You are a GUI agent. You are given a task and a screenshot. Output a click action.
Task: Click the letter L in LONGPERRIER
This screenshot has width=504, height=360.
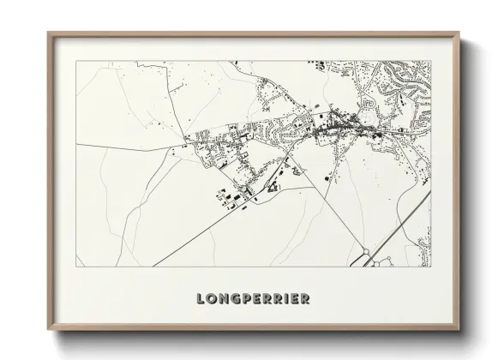coord(201,299)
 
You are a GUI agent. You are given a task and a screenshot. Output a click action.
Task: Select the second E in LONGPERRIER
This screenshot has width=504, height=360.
coord(295,299)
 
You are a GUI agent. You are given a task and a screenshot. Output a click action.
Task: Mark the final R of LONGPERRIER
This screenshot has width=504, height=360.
coord(305,299)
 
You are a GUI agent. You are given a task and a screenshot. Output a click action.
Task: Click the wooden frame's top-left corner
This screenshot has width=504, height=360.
coord(48,33)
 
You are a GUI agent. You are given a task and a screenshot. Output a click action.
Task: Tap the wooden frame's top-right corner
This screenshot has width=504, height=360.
coord(459,33)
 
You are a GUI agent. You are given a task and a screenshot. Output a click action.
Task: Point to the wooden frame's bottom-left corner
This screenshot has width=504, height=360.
coord(48,330)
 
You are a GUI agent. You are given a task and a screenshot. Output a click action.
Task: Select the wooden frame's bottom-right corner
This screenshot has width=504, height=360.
coord(459,330)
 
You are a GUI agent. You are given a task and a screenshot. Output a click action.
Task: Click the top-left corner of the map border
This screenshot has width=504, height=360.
coord(76,62)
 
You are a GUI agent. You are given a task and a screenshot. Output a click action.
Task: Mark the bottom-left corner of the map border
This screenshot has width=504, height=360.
coord(76,267)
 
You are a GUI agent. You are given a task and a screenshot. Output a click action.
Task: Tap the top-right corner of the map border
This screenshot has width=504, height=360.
coord(430,62)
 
